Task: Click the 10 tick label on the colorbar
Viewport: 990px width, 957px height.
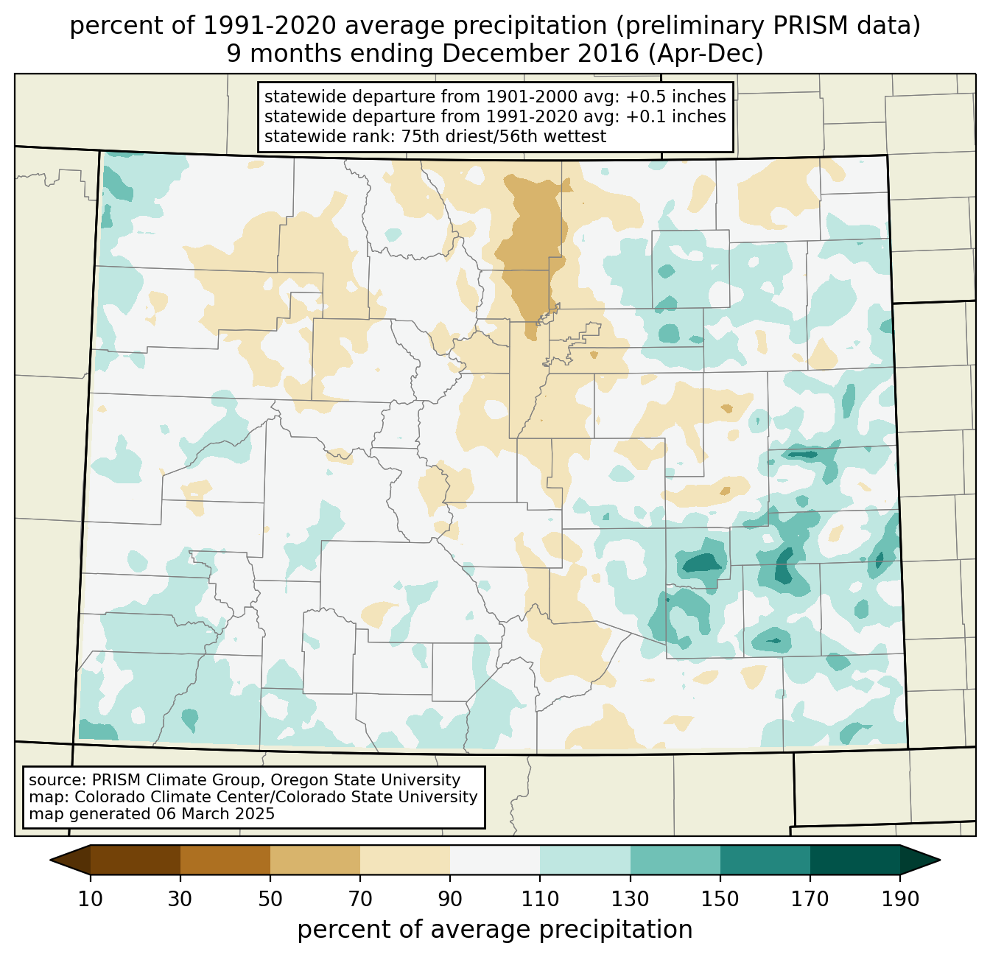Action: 91,900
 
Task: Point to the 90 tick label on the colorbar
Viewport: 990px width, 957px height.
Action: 450,900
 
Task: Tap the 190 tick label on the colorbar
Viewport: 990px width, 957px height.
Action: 900,900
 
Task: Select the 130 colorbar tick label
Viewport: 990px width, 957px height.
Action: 631,900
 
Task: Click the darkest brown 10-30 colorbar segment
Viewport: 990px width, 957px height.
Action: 136,860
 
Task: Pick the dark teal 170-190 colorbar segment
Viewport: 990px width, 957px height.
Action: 855,860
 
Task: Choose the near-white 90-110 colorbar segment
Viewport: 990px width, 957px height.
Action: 495,860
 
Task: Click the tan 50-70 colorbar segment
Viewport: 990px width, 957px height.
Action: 315,860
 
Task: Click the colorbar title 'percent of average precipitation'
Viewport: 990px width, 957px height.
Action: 495,930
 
